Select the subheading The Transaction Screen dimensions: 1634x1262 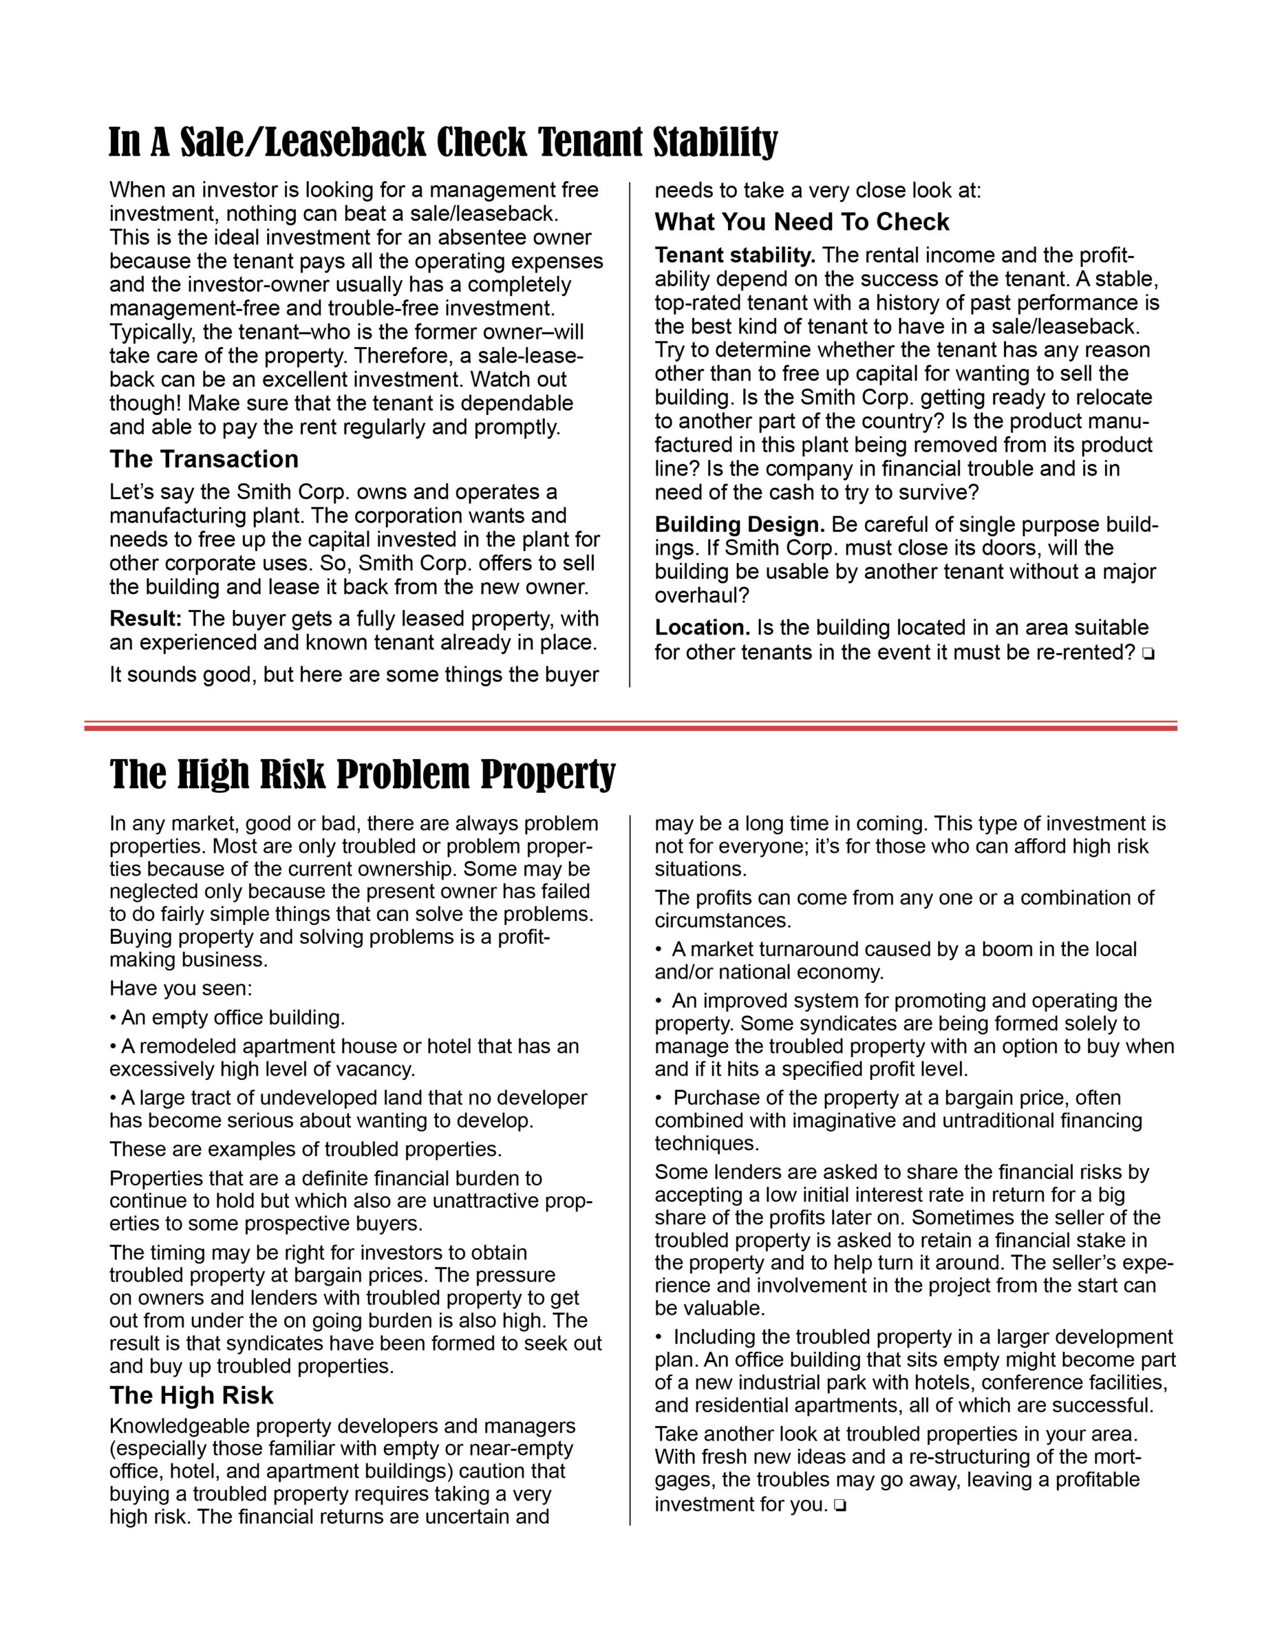pyautogui.click(x=204, y=459)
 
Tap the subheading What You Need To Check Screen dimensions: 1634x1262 pyautogui.click(x=801, y=221)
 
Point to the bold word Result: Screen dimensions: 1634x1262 pyautogui.click(x=146, y=618)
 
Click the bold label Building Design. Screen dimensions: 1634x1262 pyautogui.click(x=739, y=525)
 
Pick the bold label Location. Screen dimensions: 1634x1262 pyautogui.click(x=702, y=627)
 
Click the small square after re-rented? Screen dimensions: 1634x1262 pyautogui.click(x=1148, y=654)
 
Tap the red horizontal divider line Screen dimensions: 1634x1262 pyautogui.click(x=630, y=726)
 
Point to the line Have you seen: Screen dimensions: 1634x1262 pyautogui.click(x=181, y=988)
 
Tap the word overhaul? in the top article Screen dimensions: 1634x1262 pyautogui.click(x=702, y=596)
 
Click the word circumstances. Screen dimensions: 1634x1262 pyautogui.click(x=723, y=920)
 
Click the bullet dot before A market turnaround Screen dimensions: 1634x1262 pyautogui.click(x=659, y=949)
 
